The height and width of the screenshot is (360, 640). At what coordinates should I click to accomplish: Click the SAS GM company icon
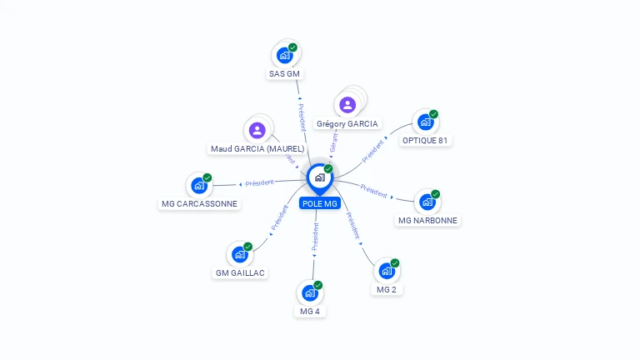click(285, 56)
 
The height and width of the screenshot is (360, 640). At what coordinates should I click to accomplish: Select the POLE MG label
click(320, 204)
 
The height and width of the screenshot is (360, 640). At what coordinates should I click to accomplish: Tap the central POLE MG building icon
click(319, 177)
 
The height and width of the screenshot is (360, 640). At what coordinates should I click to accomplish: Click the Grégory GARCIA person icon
click(347, 105)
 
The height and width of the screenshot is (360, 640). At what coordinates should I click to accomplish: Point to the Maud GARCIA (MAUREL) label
click(257, 148)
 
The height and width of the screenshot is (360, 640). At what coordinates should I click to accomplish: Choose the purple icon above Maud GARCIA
click(257, 130)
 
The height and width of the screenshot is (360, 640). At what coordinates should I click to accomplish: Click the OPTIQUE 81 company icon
click(426, 122)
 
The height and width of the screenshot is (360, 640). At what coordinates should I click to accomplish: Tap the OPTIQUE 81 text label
click(427, 140)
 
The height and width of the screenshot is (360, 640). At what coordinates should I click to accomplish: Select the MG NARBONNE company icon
click(427, 202)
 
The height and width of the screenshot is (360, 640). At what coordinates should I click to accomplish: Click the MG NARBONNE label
click(427, 221)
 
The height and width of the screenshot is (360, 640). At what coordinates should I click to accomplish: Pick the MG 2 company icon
click(387, 271)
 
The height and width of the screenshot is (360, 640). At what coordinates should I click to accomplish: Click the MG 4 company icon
click(310, 293)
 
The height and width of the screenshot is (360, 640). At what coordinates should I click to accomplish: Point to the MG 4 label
click(310, 312)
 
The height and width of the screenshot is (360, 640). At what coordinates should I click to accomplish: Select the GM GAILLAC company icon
click(240, 254)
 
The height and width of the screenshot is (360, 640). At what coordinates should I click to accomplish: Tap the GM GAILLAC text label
click(241, 272)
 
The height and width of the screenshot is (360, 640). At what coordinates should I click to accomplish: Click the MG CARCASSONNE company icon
click(199, 186)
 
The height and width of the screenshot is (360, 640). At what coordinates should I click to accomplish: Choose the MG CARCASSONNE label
click(199, 203)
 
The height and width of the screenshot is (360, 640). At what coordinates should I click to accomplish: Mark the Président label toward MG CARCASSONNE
click(259, 182)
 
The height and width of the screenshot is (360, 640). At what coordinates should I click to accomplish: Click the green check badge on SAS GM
click(292, 47)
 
